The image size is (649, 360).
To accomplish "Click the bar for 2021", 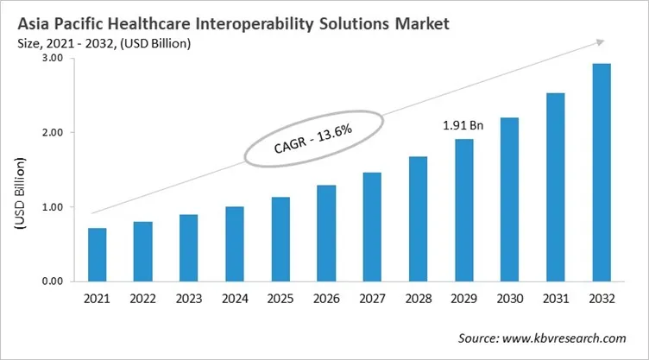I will [98, 255].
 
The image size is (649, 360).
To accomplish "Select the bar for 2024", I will [235, 244].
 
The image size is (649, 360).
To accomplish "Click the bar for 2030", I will [509, 199].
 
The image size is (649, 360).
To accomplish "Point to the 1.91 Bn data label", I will [463, 125].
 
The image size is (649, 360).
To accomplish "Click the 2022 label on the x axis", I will [143, 300].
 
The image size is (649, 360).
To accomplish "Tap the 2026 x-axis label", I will [326, 300].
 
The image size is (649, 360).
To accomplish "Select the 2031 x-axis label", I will [555, 300].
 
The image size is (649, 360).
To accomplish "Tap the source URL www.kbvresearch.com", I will [570, 339].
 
